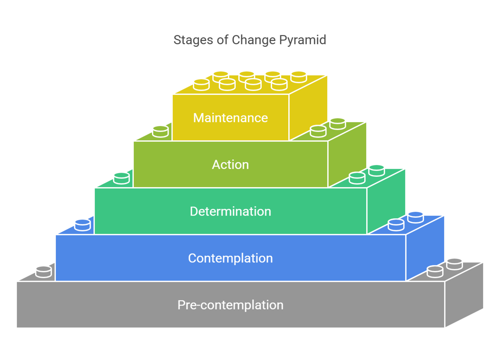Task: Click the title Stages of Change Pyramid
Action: (x=250, y=40)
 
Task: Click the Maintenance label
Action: (x=230, y=118)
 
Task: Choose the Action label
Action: (x=230, y=165)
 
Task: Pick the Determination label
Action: (x=230, y=211)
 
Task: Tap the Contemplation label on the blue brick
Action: (x=230, y=258)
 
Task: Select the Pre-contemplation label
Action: (x=230, y=305)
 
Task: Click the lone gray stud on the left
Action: (x=43, y=271)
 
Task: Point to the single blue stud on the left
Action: (x=82, y=225)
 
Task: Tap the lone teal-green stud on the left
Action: (x=121, y=178)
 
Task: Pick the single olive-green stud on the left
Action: (x=160, y=131)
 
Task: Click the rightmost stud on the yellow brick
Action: (x=299, y=77)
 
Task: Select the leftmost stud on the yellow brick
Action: (x=201, y=85)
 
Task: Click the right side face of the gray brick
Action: (x=464, y=296)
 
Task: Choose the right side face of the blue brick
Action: (x=425, y=249)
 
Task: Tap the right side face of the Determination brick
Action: (x=386, y=202)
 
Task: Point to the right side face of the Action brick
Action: (x=347, y=156)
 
